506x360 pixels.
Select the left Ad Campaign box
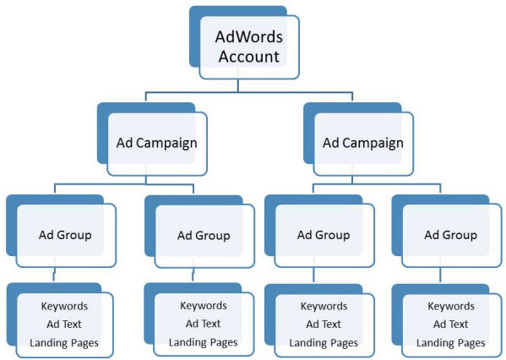tap(156, 142)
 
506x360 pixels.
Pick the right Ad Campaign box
tap(362, 142)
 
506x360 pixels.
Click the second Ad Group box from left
tap(204, 234)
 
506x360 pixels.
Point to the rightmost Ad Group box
tap(450, 234)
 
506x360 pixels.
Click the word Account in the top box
tap(248, 57)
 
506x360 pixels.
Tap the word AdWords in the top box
tap(248, 37)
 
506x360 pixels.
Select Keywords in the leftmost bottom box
tap(64, 306)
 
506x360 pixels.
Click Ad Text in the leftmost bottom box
tap(64, 324)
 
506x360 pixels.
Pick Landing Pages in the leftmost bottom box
tap(64, 342)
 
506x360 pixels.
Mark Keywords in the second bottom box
tap(204, 305)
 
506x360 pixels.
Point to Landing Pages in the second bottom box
tap(204, 342)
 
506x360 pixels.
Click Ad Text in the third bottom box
tap(324, 324)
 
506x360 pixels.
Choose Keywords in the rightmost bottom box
tap(451, 306)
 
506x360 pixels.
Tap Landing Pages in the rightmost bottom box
tap(451, 342)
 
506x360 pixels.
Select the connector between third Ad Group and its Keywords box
tap(315, 275)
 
